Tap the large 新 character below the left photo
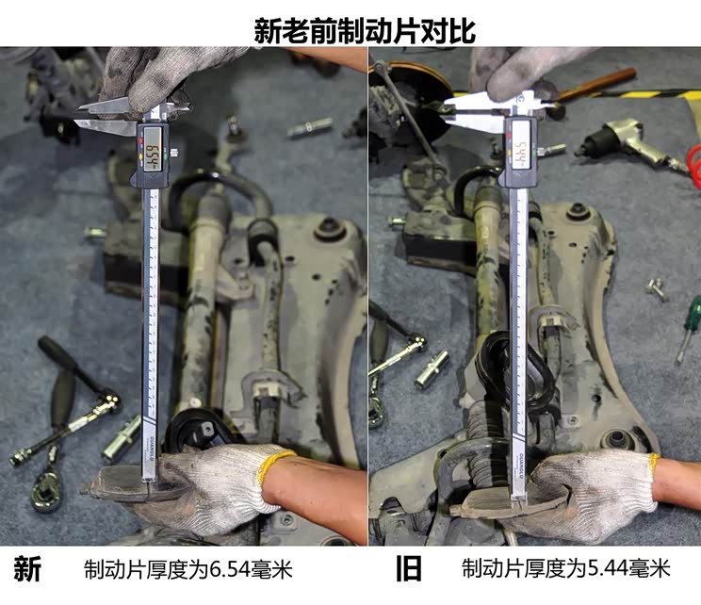28,569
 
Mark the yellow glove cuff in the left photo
279,464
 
